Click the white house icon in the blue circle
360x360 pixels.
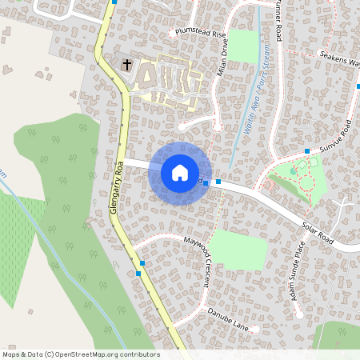pos(180,172)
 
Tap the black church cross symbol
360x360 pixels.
pos(126,64)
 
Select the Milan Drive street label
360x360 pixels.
pos(223,58)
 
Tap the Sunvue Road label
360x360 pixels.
pos(336,136)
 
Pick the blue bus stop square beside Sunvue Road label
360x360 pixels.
pos(307,150)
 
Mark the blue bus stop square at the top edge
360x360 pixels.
pos(114,2)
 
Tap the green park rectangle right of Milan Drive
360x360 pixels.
pos(244,46)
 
